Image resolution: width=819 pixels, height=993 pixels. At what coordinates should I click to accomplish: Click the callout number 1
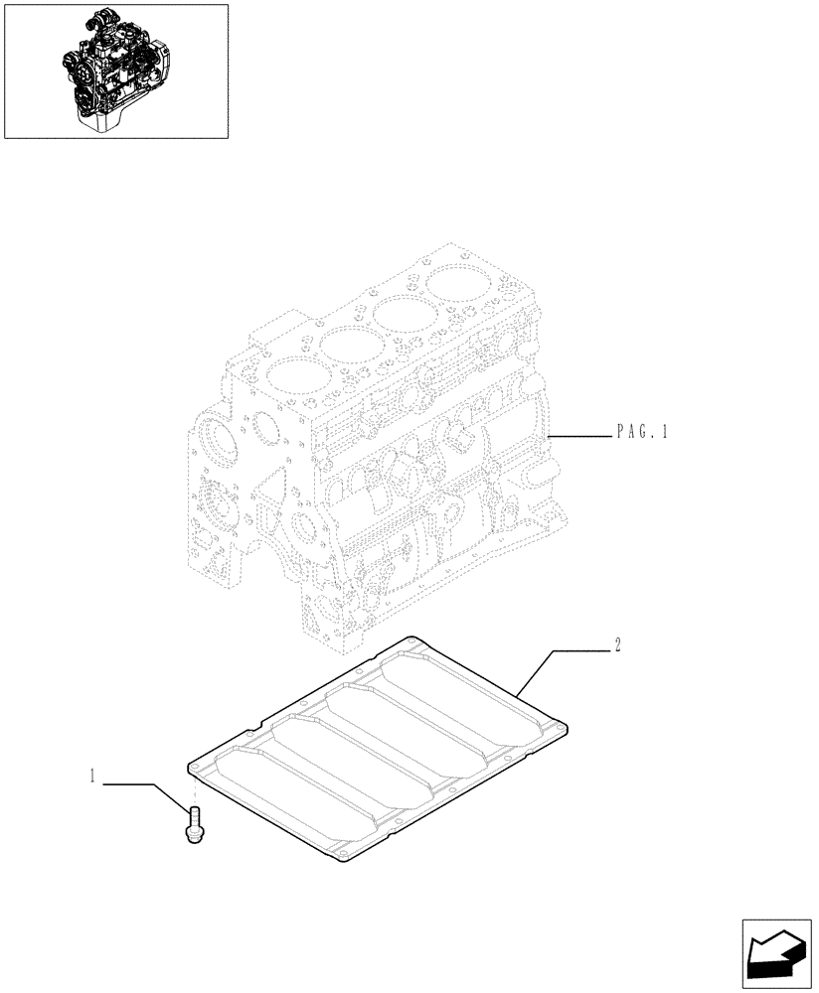pyautogui.click(x=92, y=780)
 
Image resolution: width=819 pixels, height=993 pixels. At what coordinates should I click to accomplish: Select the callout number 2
pyautogui.click(x=617, y=645)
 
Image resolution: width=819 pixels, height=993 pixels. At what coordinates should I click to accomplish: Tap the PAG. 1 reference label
pyautogui.click(x=642, y=432)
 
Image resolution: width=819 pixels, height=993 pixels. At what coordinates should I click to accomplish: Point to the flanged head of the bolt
pyautogui.click(x=194, y=837)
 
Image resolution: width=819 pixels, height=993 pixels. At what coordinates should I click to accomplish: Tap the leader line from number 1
pyautogui.click(x=139, y=784)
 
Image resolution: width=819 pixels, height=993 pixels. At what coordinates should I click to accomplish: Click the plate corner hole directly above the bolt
pyautogui.click(x=196, y=769)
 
